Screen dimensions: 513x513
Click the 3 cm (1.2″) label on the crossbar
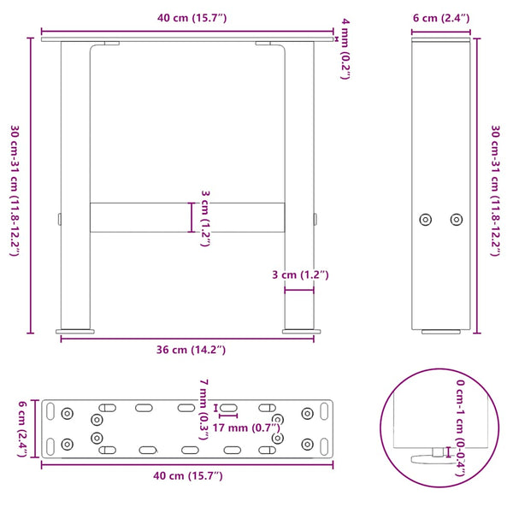(x=204, y=217)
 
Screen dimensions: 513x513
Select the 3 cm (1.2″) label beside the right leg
(x=299, y=275)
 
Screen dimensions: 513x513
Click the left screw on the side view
(x=426, y=220)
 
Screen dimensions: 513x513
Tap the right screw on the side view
(x=456, y=220)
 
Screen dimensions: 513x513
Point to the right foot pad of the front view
(x=299, y=330)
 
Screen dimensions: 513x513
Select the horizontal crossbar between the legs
(x=186, y=217)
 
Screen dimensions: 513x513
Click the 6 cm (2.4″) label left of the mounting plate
(x=24, y=427)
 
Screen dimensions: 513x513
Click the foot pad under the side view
(x=440, y=330)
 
